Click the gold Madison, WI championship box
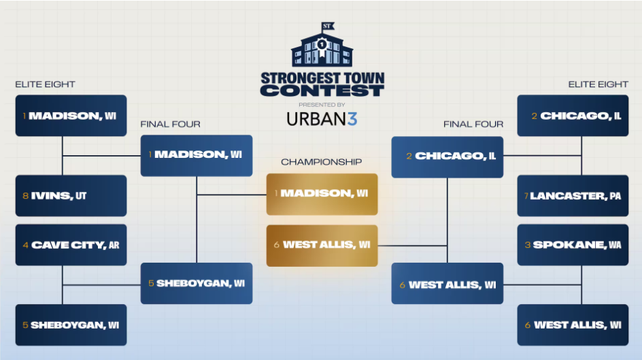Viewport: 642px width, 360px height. pos(322,194)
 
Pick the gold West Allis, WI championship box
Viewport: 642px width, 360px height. pos(322,245)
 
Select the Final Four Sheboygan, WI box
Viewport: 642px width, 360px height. pos(197,283)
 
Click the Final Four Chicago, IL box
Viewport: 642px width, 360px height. pos(447,157)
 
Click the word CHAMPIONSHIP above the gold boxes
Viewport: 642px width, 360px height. pos(322,162)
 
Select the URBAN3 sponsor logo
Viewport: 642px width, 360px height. pos(322,119)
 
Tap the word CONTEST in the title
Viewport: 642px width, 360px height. pos(322,91)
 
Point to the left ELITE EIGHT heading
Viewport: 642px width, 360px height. pos(45,84)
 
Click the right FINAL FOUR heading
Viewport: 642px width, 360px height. pos(473,124)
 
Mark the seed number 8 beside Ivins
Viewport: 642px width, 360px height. pos(25,196)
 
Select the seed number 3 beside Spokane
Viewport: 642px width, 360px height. pos(527,244)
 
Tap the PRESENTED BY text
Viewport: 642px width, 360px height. pos(322,104)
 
